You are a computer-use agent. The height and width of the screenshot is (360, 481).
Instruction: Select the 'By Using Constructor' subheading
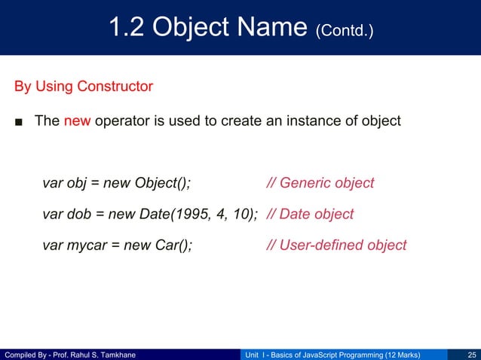[84, 87]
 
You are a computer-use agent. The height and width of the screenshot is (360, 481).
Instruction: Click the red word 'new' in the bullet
[77, 121]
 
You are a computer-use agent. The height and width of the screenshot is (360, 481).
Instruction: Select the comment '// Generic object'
[320, 183]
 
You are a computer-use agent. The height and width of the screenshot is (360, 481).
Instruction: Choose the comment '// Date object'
[310, 214]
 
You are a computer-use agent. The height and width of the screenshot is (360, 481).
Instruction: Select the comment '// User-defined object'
[336, 245]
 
